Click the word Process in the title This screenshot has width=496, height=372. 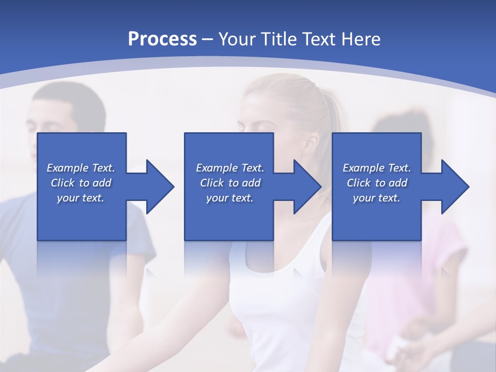162,39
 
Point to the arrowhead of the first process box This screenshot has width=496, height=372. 160,187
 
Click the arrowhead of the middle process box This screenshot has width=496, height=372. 307,187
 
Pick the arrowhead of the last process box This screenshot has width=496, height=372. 455,187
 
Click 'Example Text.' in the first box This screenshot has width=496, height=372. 81,168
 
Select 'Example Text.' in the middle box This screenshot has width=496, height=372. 230,168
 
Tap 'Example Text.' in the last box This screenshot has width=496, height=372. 377,168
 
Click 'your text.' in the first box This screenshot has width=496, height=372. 81,198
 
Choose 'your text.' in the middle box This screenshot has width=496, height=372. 230,198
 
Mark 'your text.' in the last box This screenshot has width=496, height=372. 377,198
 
